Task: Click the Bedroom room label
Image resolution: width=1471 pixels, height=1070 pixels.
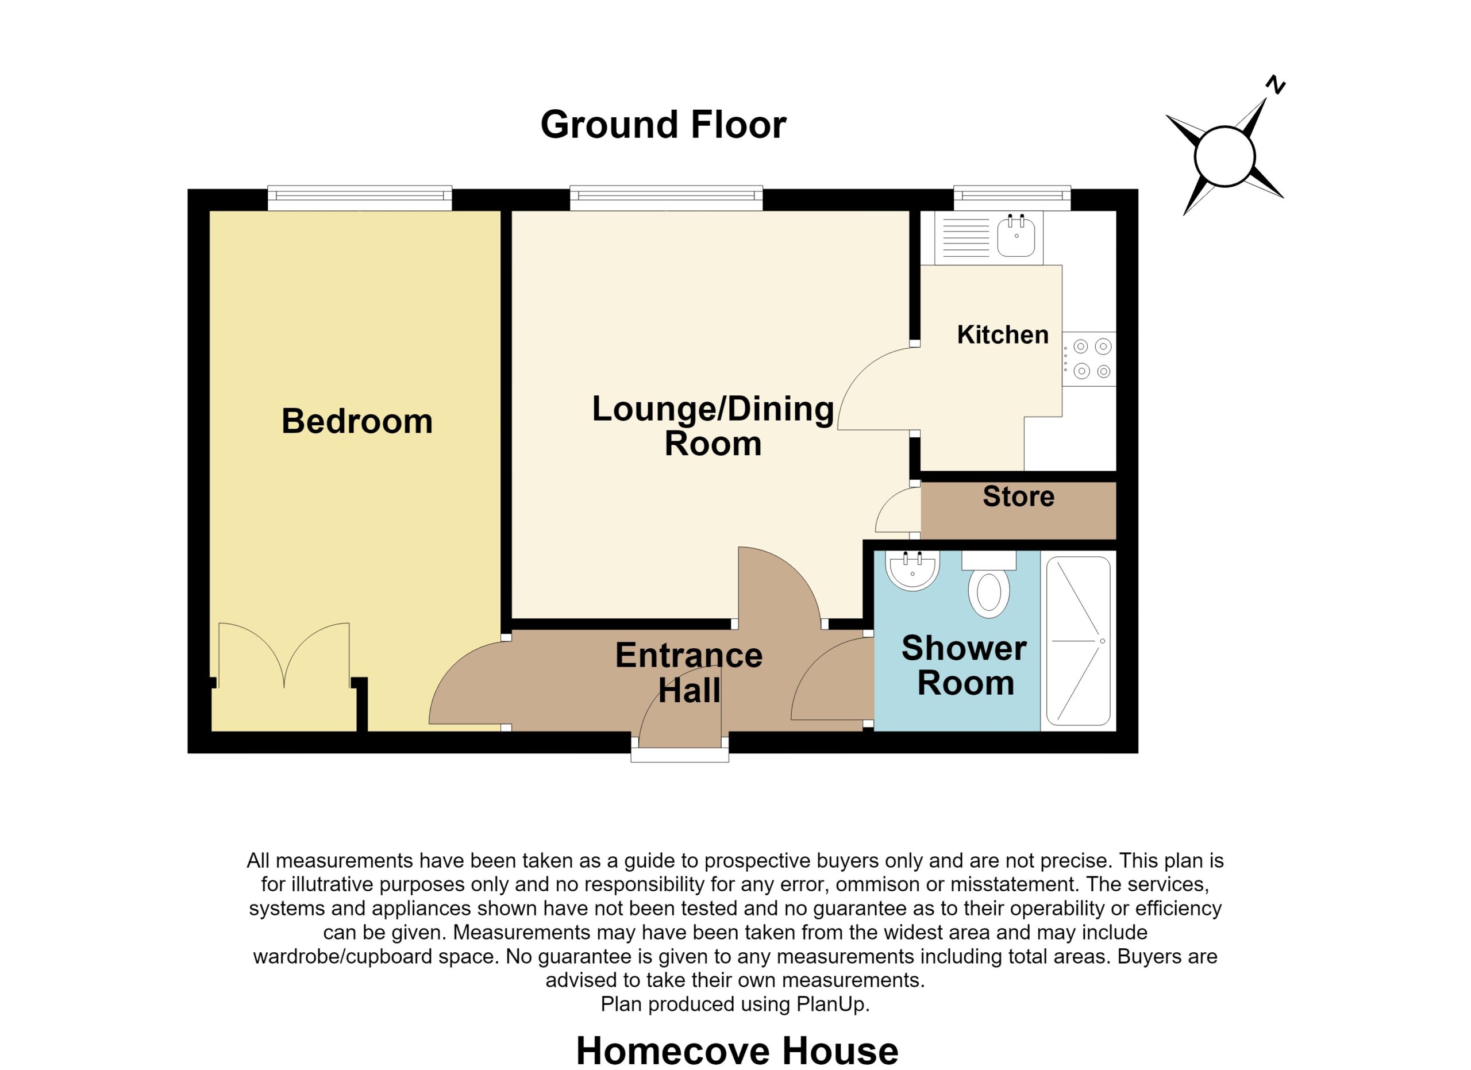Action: point(357,422)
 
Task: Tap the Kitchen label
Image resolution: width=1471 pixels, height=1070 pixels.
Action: point(1003,334)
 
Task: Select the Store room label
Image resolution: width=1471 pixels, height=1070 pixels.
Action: point(1018,496)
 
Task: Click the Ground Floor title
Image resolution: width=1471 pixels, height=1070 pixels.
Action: point(663,125)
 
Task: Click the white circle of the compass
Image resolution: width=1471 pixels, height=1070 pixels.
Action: point(1224,156)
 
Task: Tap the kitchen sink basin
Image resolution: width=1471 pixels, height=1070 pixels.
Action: point(1016,236)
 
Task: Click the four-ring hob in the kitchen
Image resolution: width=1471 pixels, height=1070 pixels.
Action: point(1089,359)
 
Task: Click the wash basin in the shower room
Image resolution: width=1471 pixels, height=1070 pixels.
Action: point(912,571)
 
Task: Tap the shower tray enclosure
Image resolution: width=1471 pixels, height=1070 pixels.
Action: point(1078,641)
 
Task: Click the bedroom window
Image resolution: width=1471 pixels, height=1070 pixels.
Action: point(360,198)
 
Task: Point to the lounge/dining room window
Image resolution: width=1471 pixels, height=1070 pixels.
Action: point(666,198)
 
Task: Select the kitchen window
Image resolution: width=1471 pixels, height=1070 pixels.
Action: point(1012,198)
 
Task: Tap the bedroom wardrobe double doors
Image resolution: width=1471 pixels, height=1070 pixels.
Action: point(284,655)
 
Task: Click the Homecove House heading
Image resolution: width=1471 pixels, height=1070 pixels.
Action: point(737,1050)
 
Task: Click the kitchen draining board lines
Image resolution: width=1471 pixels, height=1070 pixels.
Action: point(966,237)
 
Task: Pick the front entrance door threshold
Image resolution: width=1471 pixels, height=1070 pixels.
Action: point(680,756)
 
